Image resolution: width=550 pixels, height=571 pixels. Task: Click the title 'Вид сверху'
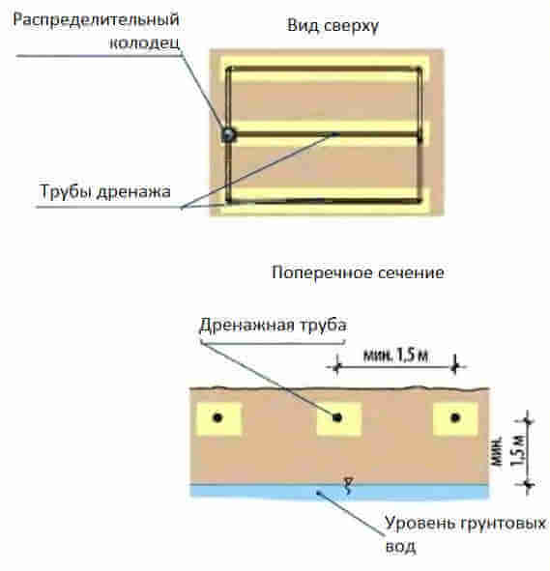coord(333,26)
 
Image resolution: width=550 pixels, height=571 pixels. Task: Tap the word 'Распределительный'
coord(96,19)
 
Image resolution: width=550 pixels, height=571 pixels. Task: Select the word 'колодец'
coord(145,43)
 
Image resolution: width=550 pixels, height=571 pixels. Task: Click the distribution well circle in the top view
coord(228,135)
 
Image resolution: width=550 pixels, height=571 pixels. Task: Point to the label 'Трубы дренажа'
coord(105,192)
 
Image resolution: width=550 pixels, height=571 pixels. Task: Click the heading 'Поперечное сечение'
coord(358,272)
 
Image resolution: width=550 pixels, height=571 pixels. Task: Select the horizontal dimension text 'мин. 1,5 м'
coord(395,355)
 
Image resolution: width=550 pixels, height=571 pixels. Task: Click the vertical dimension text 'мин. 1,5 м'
coord(508,451)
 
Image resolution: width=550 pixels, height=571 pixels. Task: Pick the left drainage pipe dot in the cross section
coord(217,417)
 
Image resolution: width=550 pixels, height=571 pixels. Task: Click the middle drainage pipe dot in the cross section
coord(337,417)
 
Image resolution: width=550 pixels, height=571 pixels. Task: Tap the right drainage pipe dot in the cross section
coord(455,417)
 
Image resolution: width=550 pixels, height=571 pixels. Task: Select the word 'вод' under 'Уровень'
coord(401,547)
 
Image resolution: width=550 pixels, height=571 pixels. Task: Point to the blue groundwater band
coord(339,491)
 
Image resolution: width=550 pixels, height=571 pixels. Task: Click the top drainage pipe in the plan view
coord(324,68)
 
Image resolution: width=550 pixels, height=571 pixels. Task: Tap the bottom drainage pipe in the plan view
coord(324,201)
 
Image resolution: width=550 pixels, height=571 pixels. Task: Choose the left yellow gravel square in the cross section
coord(218,418)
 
